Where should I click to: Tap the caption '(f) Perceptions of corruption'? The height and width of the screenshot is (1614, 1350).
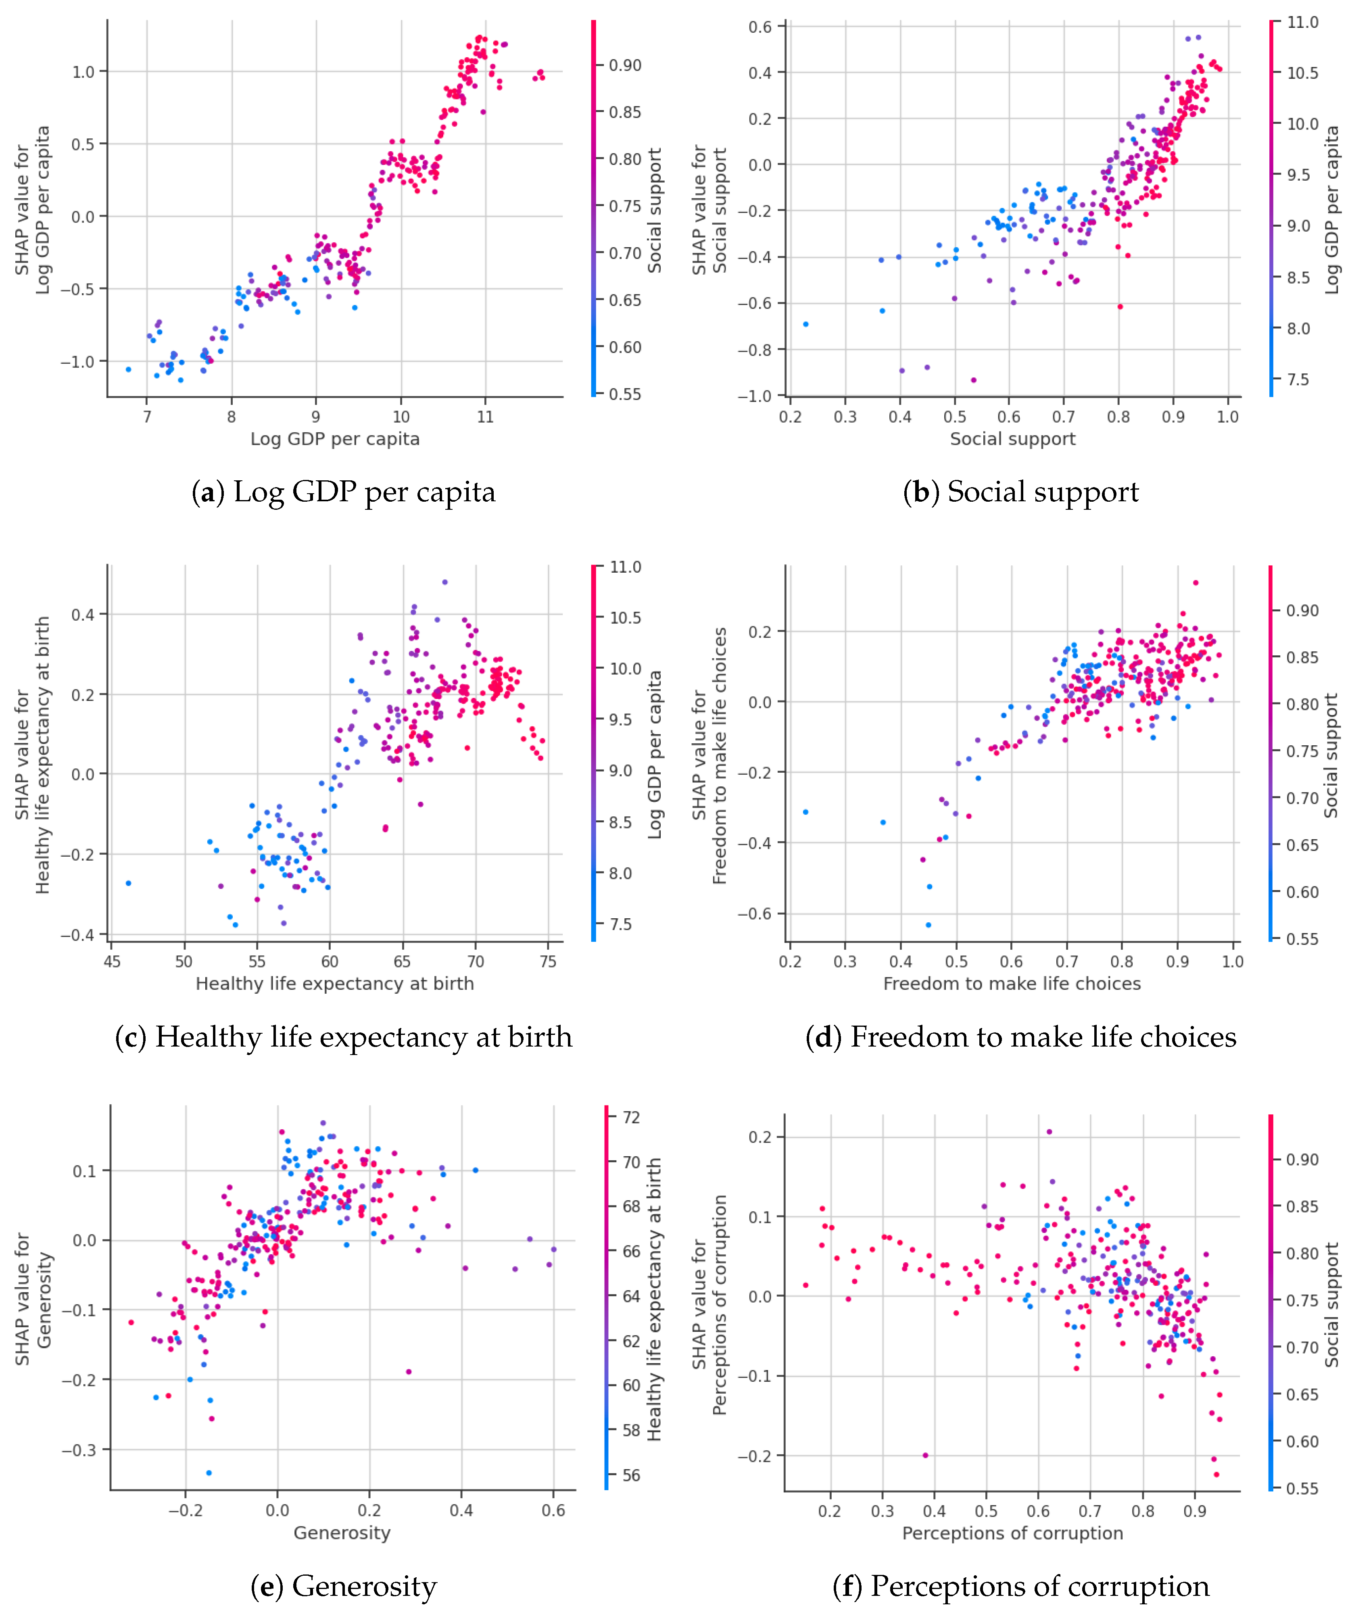coord(1021,1586)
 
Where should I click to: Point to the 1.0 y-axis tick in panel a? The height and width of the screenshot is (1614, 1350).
coord(83,72)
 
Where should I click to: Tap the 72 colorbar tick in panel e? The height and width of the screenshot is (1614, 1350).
coord(631,1118)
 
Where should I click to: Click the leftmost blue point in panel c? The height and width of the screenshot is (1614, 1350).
coord(128,883)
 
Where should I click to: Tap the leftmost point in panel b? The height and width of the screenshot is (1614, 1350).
coord(806,324)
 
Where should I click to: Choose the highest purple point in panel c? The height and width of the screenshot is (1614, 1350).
coord(444,582)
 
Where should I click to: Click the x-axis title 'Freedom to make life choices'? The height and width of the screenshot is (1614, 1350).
coord(1012,984)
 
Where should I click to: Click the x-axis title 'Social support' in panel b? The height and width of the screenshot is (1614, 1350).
coord(1012,439)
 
